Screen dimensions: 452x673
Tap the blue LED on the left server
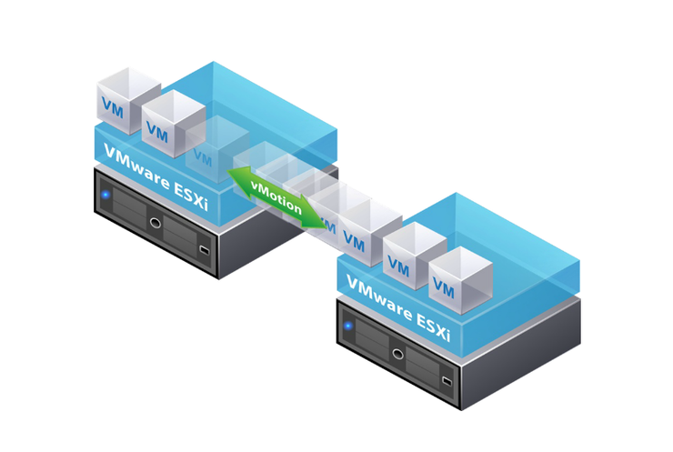coord(106,194)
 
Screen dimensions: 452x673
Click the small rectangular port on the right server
coord(446,377)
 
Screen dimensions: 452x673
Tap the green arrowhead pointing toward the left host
coord(238,178)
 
